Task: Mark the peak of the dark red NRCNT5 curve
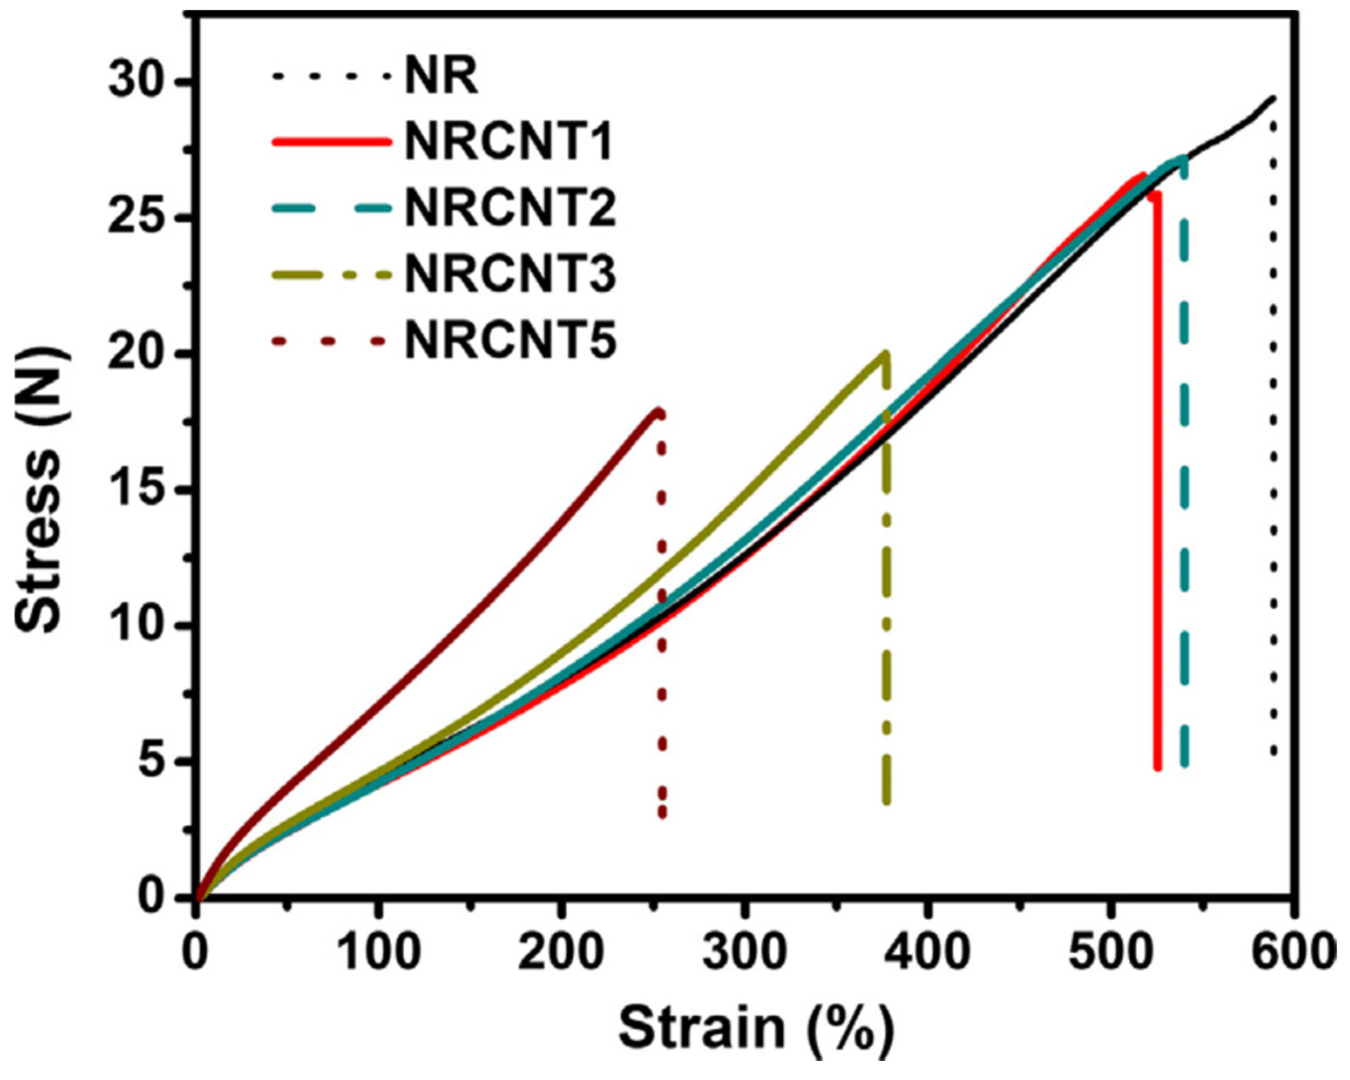[658, 411]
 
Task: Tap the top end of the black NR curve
[1273, 98]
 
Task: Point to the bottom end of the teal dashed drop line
[1185, 763]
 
